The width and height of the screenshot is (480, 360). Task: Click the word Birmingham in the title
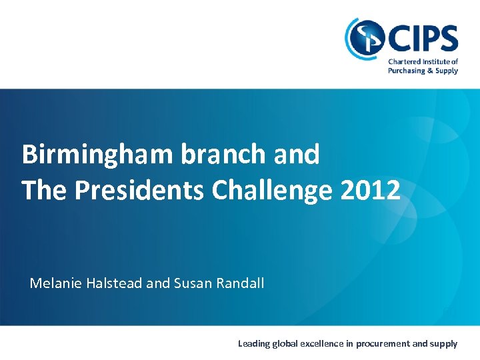[x=97, y=155]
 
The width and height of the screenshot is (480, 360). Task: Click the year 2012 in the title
[x=370, y=190]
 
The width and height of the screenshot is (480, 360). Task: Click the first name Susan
[x=191, y=283]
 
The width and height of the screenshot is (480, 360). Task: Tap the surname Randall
[x=239, y=283]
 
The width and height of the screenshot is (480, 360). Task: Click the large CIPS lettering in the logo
[x=423, y=39]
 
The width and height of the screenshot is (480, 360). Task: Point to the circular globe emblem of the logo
[x=364, y=39]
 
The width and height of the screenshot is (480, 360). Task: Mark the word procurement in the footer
[x=382, y=344]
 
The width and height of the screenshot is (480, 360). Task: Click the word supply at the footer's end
[x=445, y=344]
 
